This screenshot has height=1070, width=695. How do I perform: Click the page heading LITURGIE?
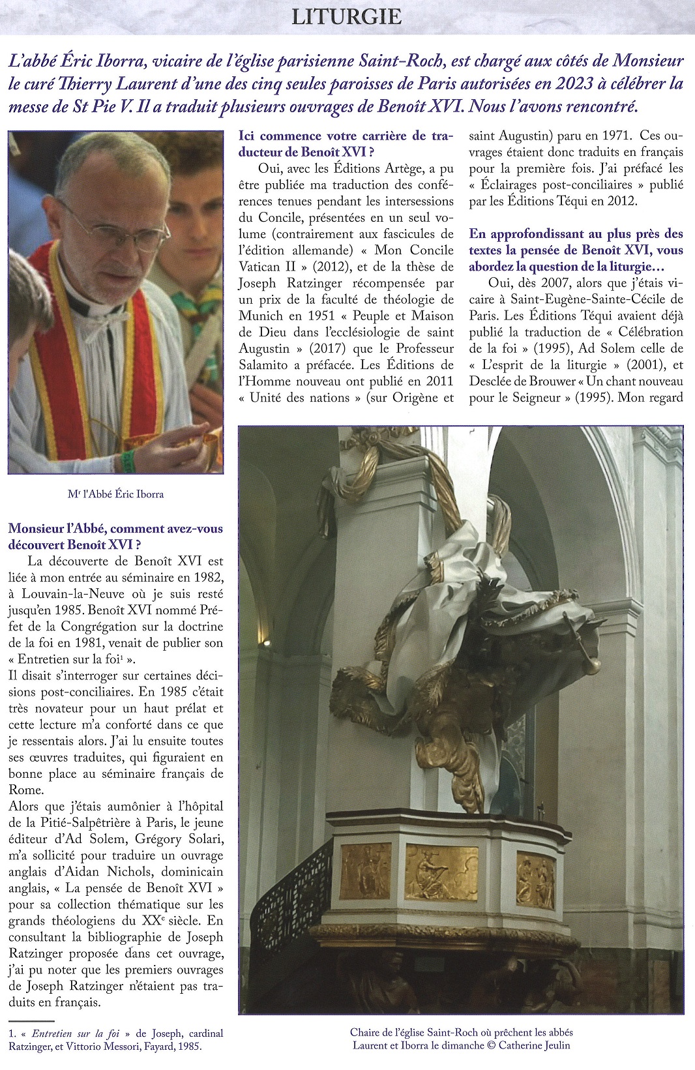tap(346, 17)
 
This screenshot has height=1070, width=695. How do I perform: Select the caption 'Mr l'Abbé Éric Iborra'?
tap(115, 494)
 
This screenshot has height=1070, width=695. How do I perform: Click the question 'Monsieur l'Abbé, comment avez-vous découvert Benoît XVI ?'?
tap(115, 537)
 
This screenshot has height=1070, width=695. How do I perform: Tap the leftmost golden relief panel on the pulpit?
tap(366, 871)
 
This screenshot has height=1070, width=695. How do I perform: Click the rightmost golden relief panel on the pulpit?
tap(535, 880)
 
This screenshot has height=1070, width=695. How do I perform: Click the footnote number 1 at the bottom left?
tap(12, 1033)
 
